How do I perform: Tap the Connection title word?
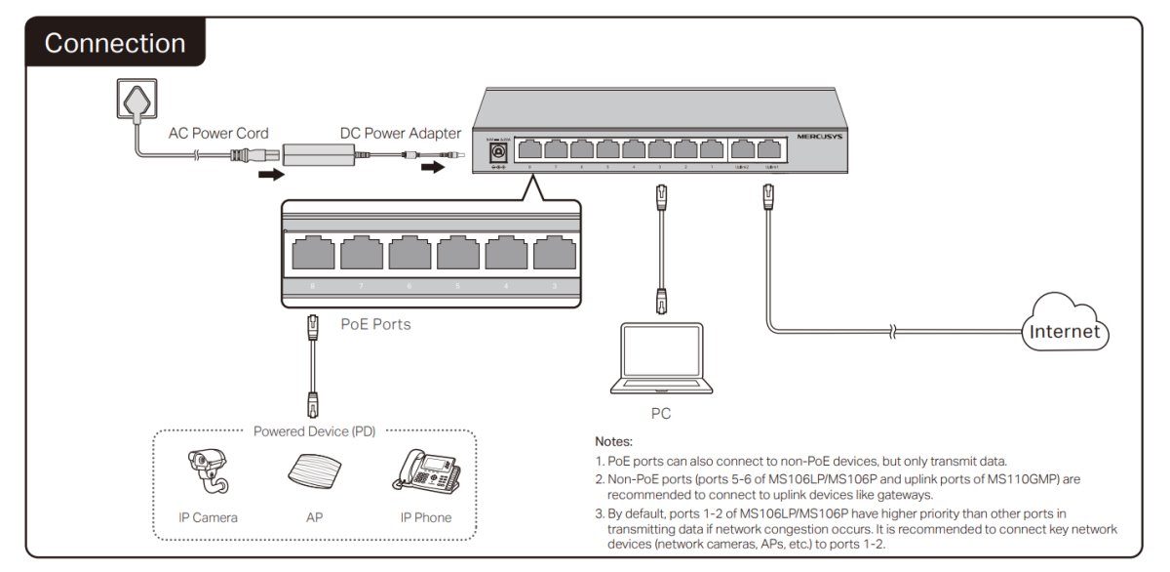[114, 44]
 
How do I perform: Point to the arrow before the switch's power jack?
[432, 168]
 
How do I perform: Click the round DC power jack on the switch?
[497, 152]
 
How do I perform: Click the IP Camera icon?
[208, 473]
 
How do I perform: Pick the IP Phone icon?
[426, 470]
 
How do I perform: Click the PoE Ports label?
[375, 324]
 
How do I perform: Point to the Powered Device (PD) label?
[314, 430]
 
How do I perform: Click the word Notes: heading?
[613, 441]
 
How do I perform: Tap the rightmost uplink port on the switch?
[771, 150]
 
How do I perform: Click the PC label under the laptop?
[661, 414]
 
